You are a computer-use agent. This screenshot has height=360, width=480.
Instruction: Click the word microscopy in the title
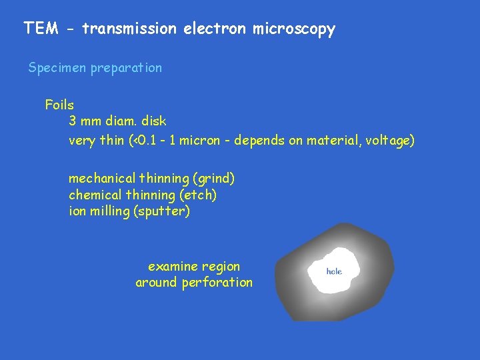point(293,29)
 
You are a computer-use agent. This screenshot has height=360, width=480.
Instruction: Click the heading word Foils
point(59,105)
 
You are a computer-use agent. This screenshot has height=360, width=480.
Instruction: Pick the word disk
point(154,121)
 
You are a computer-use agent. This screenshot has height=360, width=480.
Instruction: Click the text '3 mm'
point(84,121)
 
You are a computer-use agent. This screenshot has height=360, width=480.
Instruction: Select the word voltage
point(389,141)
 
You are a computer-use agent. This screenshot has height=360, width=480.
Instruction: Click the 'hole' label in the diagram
point(334,271)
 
